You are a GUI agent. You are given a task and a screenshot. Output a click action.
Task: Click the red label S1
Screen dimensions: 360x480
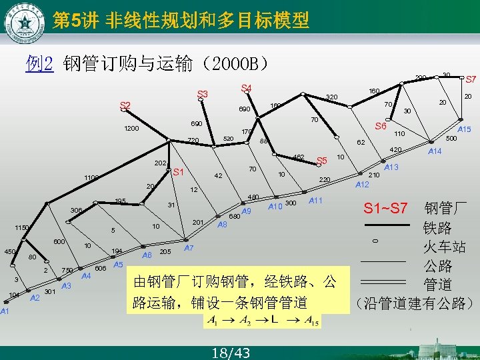pos(178,173)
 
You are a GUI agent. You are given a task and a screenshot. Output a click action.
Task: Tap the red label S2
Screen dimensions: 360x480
pos(125,105)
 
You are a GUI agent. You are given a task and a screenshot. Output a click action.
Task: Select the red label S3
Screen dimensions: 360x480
pos(202,94)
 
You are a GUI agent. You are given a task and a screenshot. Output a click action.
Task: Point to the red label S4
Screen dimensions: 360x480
pos(246,88)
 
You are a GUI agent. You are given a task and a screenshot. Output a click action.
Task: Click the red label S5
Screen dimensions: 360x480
pos(322,161)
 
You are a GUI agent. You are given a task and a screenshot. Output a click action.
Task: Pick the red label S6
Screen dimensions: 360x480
pos(381,126)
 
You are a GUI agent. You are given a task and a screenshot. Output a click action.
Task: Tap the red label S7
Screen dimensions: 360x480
pos(471,79)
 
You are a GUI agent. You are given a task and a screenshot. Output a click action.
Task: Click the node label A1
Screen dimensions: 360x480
pos(5,311)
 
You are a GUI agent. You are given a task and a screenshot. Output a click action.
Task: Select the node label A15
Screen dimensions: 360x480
pos(464,129)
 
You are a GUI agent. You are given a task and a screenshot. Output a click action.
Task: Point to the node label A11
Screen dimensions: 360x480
pos(316,201)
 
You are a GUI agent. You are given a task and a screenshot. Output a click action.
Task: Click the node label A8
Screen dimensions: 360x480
pos(223,225)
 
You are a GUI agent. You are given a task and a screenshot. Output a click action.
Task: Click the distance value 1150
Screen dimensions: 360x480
pos(23,228)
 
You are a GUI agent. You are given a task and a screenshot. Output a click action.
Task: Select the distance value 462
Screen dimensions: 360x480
pos(299,157)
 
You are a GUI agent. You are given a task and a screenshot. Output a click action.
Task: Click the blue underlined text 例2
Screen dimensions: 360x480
pos(39,64)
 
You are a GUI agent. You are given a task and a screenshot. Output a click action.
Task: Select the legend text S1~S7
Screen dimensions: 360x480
pos(385,208)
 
